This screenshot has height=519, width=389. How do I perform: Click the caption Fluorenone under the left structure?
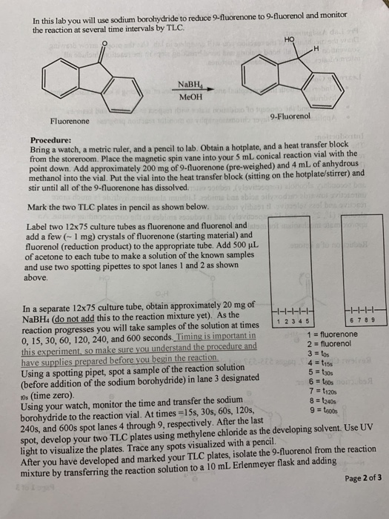70,120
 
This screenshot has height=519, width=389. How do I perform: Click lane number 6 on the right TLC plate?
345,322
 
